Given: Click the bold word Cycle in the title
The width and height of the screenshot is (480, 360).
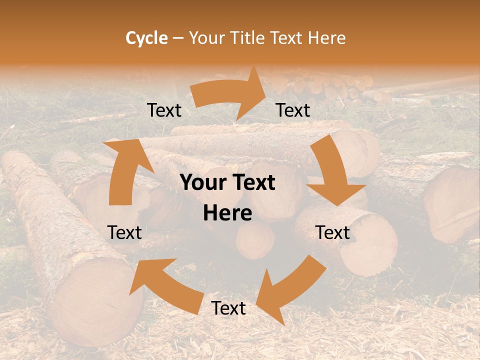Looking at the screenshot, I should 146,38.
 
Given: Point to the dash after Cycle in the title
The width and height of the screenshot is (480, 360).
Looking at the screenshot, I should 178,38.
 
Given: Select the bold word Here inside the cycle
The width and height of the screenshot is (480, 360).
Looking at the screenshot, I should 227,213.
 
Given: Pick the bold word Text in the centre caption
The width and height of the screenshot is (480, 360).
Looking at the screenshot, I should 252,183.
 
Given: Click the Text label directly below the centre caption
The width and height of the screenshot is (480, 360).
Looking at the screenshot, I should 228,308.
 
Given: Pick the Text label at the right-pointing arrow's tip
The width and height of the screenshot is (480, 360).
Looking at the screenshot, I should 293,110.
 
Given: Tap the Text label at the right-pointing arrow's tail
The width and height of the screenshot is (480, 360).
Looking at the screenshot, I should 164,110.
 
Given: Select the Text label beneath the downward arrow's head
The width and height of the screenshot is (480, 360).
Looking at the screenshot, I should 333,232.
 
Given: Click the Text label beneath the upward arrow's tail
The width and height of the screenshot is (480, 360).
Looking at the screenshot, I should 124,232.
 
